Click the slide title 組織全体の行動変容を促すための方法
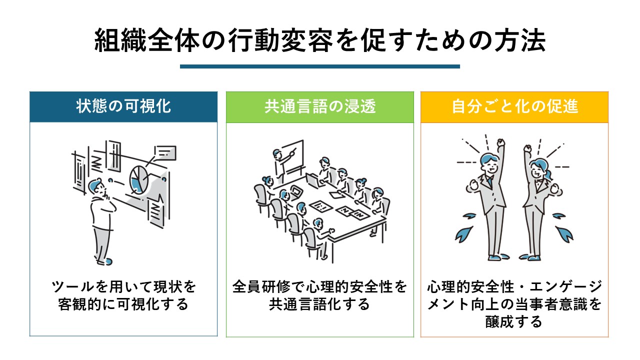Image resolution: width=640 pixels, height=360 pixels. click(320, 40)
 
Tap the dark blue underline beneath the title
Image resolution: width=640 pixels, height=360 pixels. click(320, 66)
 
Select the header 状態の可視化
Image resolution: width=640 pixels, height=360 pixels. click(123, 106)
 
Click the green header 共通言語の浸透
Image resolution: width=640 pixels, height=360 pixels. click(320, 106)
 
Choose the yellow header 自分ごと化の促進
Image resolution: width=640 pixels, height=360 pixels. click(515, 106)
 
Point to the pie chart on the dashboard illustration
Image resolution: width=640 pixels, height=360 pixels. click(139, 179)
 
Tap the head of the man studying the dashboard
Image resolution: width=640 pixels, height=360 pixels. click(97, 187)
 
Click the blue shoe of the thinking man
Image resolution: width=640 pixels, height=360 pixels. click(108, 261)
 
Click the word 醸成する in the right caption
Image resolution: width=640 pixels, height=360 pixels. click(514, 321)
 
